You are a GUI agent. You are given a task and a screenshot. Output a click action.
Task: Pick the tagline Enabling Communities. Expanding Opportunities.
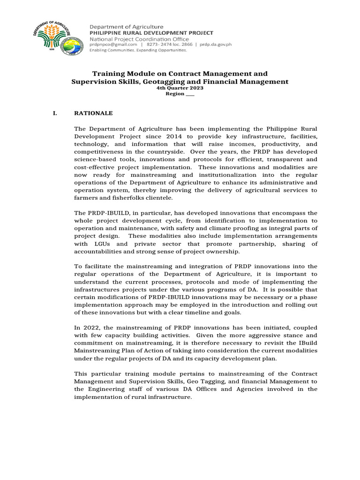coord(138,50)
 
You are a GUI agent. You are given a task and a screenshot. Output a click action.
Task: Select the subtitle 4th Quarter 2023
coord(180,88)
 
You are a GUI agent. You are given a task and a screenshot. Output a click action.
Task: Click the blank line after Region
coord(189,94)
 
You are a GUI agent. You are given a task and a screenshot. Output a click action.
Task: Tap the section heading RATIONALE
coord(94,113)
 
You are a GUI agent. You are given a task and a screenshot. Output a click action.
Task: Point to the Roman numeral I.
coord(55,113)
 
